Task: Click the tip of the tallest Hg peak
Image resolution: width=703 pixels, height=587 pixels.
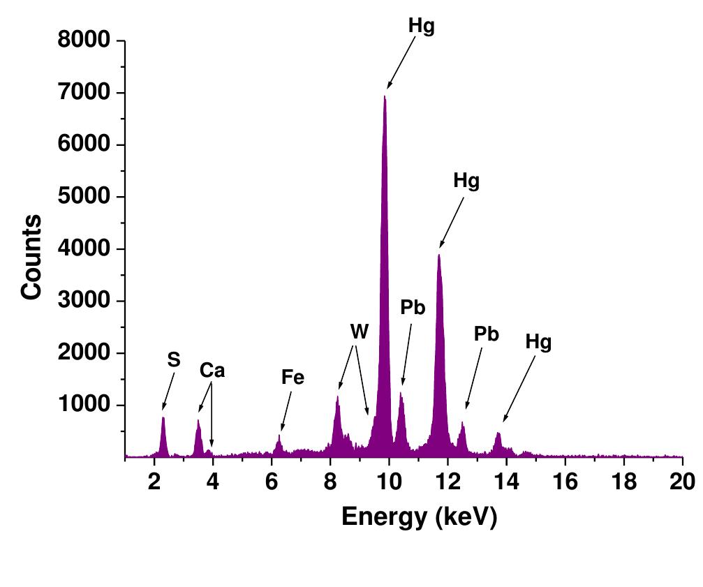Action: click(x=385, y=96)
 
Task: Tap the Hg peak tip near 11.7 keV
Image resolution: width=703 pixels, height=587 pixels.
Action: click(x=438, y=255)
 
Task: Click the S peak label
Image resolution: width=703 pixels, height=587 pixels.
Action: click(x=174, y=360)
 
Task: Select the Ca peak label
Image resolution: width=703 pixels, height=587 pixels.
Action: click(x=212, y=371)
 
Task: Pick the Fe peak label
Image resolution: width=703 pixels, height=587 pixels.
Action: click(x=293, y=378)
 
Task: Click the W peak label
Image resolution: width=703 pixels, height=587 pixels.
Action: click(x=359, y=332)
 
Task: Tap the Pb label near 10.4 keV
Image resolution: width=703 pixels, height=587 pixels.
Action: click(x=413, y=308)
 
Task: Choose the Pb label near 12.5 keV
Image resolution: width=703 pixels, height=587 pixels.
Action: click(x=487, y=334)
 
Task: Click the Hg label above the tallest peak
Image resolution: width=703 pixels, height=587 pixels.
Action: click(x=422, y=27)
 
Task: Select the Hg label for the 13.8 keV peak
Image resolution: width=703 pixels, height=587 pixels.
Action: click(x=538, y=343)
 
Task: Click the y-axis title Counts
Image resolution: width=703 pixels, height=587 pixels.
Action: click(x=32, y=257)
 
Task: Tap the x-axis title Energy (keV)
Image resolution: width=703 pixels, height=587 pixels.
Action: click(x=419, y=517)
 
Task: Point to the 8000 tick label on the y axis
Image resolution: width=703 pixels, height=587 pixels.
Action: click(x=84, y=40)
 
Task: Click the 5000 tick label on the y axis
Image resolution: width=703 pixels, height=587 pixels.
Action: click(x=84, y=197)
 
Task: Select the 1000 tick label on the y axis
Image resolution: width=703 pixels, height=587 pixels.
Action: click(x=84, y=405)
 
